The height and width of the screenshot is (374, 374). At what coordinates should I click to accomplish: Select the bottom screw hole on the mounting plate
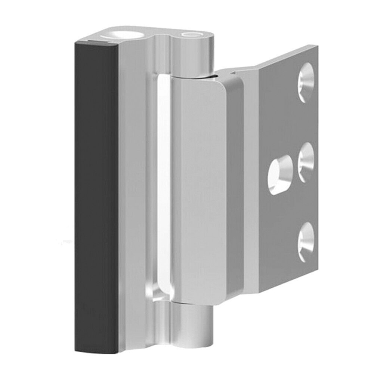[306, 239]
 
